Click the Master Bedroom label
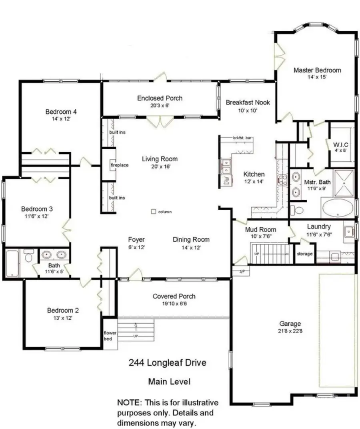coord(317,70)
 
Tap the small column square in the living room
coord(153,212)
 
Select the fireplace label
coord(120,165)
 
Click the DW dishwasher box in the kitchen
coord(226,181)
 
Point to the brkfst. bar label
coord(242,138)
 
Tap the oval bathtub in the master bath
coord(338,208)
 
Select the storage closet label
coord(304,254)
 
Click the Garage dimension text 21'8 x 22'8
coord(290,331)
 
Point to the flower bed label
coord(110,335)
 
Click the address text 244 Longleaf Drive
coord(168,363)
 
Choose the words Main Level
coord(169,382)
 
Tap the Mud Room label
coord(260,229)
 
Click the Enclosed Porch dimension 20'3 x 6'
coord(160,106)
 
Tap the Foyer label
coord(136,240)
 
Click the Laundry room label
coord(319,227)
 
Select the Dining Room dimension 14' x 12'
coord(191,247)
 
